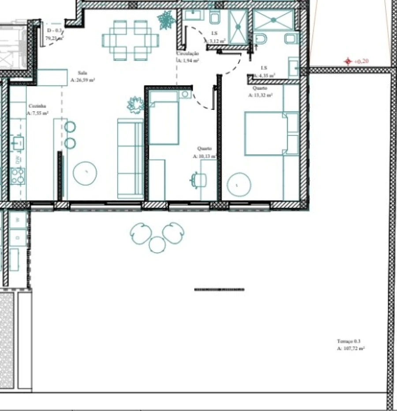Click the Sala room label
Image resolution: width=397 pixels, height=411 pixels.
(x=82, y=73)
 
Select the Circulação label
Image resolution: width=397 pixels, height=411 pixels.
(x=187, y=53)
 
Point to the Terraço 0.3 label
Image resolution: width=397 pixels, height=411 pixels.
(x=348, y=341)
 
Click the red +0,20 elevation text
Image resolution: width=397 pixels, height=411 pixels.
(x=361, y=61)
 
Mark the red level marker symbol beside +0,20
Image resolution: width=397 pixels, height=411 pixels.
(x=348, y=61)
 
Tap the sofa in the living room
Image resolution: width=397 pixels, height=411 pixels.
(x=130, y=159)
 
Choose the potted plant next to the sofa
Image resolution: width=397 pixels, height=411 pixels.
(x=135, y=105)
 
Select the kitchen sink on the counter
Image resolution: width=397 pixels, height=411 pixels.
(x=18, y=143)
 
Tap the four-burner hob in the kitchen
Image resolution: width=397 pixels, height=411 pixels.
(x=18, y=176)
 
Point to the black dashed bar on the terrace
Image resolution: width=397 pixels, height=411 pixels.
(x=219, y=290)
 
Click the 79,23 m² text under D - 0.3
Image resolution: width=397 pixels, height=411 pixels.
(x=55, y=38)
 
